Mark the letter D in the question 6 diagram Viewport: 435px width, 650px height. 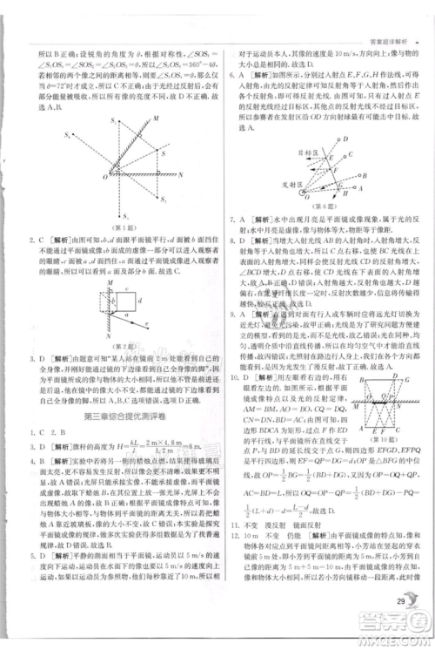347,139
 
